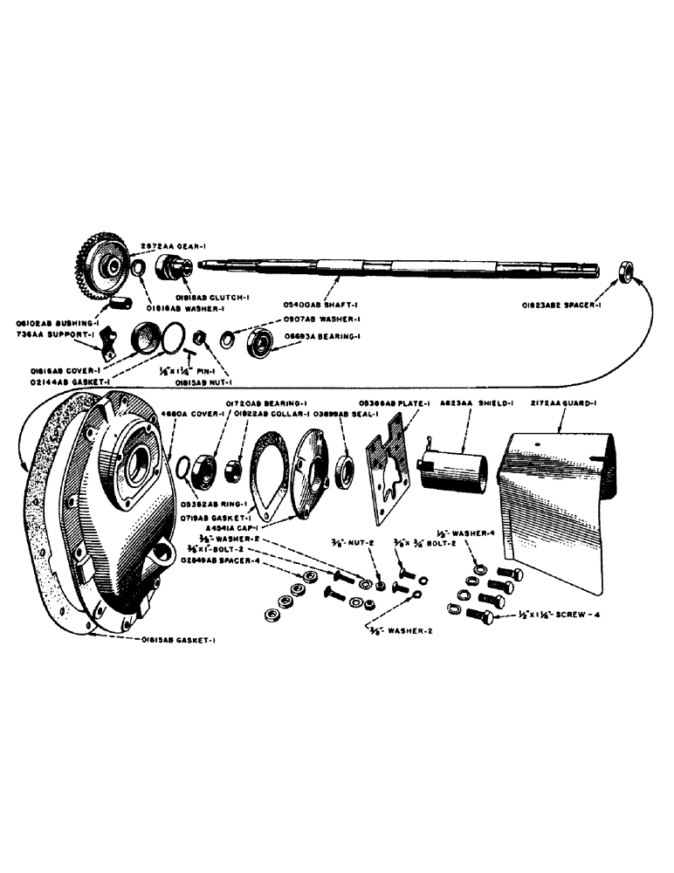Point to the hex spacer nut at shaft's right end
(x=624, y=272)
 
